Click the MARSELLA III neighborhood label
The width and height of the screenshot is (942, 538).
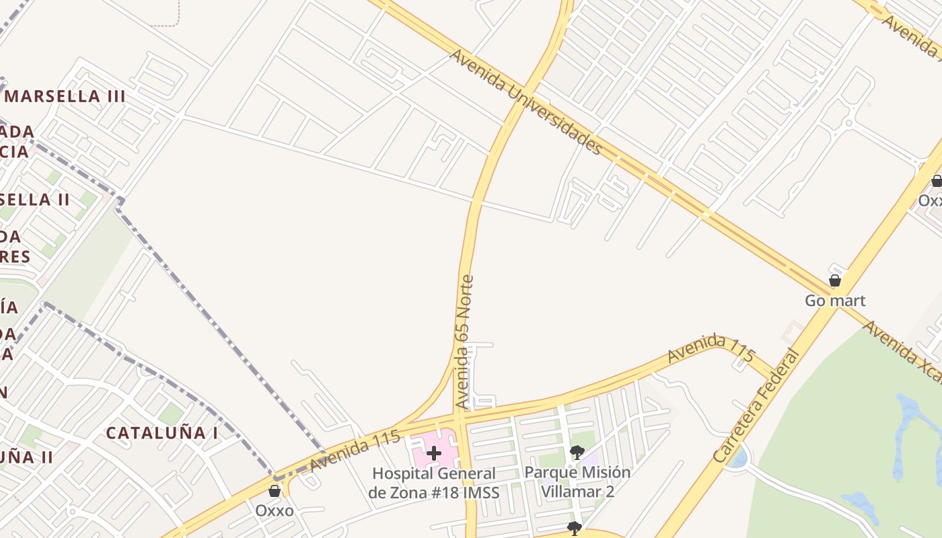pos(65,96)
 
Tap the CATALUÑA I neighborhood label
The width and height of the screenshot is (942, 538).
pos(161,433)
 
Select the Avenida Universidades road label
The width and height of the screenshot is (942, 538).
pos(526,101)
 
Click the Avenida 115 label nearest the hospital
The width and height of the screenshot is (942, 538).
pos(355,451)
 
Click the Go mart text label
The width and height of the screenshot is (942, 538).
pos(835,301)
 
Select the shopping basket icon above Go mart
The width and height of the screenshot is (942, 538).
pos(835,280)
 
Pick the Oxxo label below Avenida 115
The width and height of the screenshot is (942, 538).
pos(274,511)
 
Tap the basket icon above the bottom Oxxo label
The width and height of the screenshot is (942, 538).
pos(275,491)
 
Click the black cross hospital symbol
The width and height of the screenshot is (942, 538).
pos(434,453)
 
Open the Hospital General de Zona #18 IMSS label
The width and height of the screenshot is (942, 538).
pos(434,483)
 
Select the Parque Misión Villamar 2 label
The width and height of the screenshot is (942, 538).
pos(577,482)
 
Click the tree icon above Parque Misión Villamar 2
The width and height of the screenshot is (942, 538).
pos(576,452)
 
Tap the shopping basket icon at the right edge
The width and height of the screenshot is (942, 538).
pos(936,180)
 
